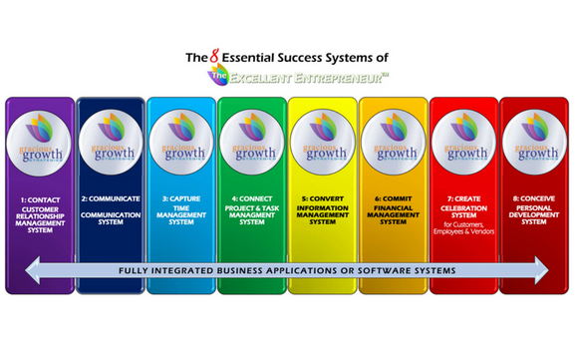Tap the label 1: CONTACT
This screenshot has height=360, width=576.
tap(40, 200)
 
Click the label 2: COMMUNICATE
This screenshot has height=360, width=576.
tap(111, 200)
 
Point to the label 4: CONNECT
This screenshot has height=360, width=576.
tap(251, 200)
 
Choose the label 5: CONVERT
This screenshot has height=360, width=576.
tap(322, 200)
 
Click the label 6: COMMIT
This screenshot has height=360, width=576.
tap(393, 200)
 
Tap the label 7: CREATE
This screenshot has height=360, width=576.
tap(463, 200)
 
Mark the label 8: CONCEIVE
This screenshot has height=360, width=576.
tap(534, 200)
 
